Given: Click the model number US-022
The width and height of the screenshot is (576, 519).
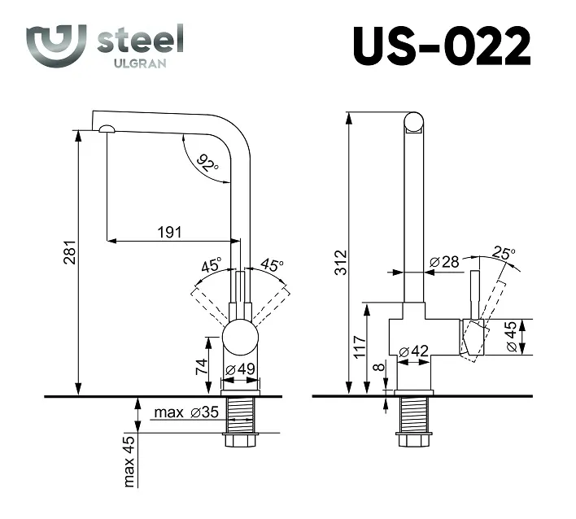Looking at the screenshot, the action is [x=442, y=46].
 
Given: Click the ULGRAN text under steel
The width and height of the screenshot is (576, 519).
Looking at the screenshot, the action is [x=140, y=63].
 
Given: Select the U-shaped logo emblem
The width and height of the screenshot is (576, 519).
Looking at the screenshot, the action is [x=56, y=46].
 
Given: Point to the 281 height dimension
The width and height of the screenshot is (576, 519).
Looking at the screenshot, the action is [x=69, y=252].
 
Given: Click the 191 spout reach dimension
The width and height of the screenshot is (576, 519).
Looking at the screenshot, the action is [x=169, y=232].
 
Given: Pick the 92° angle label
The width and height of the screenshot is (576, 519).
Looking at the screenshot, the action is [x=207, y=164].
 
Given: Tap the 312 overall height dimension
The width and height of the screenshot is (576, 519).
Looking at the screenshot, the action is [x=341, y=262].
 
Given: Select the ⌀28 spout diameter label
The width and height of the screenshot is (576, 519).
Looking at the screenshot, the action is [x=444, y=261].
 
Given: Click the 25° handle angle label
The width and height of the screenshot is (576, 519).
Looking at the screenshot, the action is [x=504, y=253].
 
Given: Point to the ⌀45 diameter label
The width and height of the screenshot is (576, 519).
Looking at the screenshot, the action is [x=511, y=337].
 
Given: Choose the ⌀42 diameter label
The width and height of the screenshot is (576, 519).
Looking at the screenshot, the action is [x=413, y=351].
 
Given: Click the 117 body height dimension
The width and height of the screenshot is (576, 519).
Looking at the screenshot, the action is [x=360, y=347].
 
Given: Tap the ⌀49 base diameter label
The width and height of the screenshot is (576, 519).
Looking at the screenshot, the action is [x=240, y=369].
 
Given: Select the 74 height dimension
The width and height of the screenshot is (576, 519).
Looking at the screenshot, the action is [x=202, y=367].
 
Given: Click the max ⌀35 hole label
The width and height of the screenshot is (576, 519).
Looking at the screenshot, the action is [x=186, y=412].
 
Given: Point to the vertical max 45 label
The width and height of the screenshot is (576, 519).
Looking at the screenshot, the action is [x=129, y=462].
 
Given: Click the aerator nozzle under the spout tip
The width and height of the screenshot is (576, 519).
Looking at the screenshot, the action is [x=107, y=129].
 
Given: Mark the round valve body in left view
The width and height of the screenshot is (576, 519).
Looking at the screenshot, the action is [x=240, y=337].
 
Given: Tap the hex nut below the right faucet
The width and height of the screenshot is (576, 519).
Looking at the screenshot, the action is [x=414, y=440].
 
